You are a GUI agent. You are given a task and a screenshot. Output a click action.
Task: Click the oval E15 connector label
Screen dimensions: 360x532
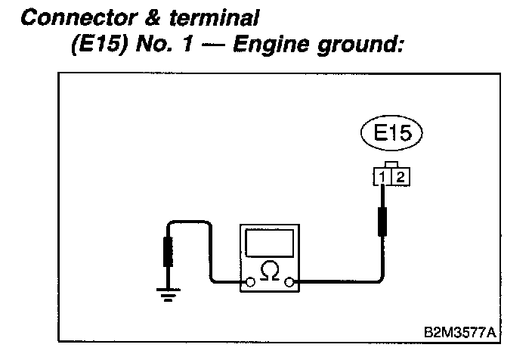(391, 134)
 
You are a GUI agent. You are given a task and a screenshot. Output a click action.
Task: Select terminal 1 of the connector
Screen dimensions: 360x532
(384, 178)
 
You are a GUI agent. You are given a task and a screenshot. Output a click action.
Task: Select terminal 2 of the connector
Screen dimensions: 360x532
(400, 178)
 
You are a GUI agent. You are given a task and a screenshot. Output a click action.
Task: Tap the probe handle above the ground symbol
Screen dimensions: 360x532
(167, 252)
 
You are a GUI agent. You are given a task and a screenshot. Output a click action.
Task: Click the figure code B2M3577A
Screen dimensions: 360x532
(462, 332)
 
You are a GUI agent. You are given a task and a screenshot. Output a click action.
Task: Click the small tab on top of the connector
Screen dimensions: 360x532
(391, 164)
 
